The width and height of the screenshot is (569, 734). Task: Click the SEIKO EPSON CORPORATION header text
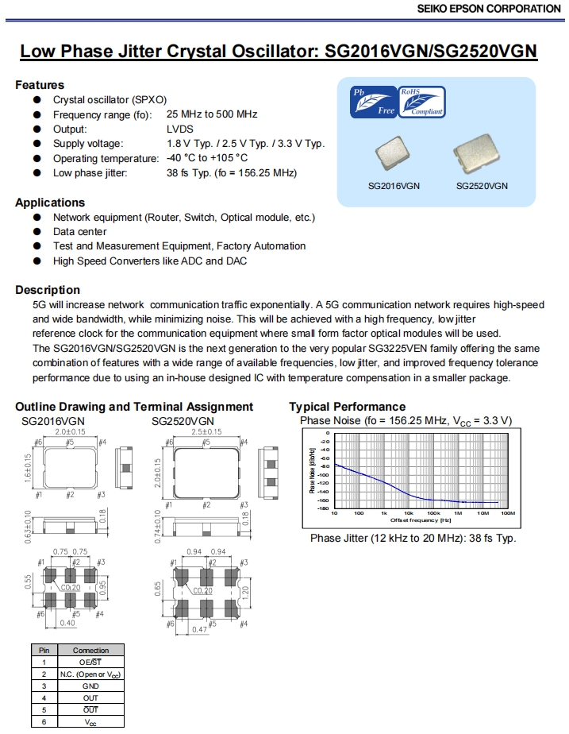[488, 9]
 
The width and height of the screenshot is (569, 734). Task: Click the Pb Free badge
[374, 102]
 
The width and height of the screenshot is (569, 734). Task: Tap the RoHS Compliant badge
[421, 102]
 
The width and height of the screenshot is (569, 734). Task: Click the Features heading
[40, 85]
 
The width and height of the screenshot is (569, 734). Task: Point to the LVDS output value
[180, 129]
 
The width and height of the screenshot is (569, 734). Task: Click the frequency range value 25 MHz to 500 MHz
[212, 114]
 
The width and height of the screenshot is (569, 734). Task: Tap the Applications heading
[50, 203]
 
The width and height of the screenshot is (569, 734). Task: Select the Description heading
[48, 290]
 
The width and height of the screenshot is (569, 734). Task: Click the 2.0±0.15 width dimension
[71, 432]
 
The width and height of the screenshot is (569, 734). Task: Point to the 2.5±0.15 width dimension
[206, 432]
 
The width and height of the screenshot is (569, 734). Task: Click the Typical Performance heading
[347, 407]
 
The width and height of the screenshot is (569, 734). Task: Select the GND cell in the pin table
[90, 685]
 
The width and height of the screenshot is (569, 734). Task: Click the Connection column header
[90, 650]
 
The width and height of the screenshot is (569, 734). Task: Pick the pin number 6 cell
[44, 720]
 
